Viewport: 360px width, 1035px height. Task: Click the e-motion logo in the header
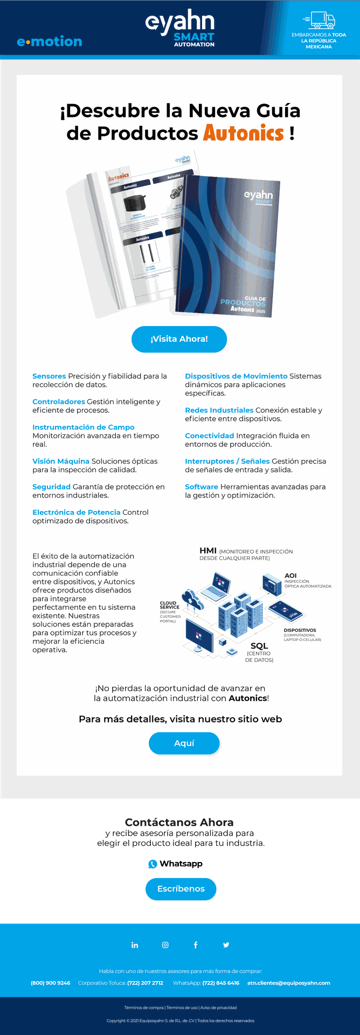pyautogui.click(x=50, y=42)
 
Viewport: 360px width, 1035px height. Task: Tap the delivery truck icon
pyautogui.click(x=319, y=20)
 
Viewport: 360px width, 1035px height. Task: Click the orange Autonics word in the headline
pyautogui.click(x=244, y=133)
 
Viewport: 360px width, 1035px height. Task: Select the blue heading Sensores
pyautogui.click(x=49, y=376)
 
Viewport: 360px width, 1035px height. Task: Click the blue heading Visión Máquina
pyautogui.click(x=61, y=461)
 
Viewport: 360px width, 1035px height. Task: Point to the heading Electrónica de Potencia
pyautogui.click(x=77, y=512)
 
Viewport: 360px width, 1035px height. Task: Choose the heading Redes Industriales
pyautogui.click(x=219, y=410)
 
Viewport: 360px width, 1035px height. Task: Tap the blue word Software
pyautogui.click(x=202, y=487)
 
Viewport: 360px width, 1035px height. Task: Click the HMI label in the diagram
pyautogui.click(x=208, y=550)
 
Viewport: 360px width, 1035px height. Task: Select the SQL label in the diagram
pyautogui.click(x=259, y=646)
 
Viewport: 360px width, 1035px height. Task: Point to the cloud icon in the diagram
pyautogui.click(x=192, y=599)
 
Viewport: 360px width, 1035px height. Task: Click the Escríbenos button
pyautogui.click(x=181, y=889)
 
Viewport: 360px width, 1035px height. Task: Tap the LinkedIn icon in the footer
pyautogui.click(x=135, y=945)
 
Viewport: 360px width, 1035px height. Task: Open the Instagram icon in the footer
pyautogui.click(x=165, y=945)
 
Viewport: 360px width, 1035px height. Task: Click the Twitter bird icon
pyautogui.click(x=226, y=945)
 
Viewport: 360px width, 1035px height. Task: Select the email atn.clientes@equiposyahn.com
pyautogui.click(x=289, y=983)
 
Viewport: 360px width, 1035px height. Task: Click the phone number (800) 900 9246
pyautogui.click(x=51, y=983)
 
